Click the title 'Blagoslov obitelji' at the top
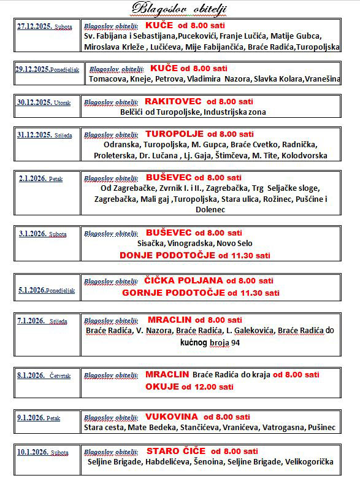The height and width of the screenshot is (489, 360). point(180,8)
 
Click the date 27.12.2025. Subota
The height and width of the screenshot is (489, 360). point(44,27)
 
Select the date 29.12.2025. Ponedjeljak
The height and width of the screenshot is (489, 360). point(47,69)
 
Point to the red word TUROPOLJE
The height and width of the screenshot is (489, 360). point(175,134)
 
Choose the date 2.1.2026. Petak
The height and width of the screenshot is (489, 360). point(39,179)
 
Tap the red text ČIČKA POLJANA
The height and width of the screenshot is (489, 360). point(184,280)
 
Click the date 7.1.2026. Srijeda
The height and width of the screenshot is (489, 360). point(42,320)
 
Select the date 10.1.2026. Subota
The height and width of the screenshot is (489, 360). point(42,452)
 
